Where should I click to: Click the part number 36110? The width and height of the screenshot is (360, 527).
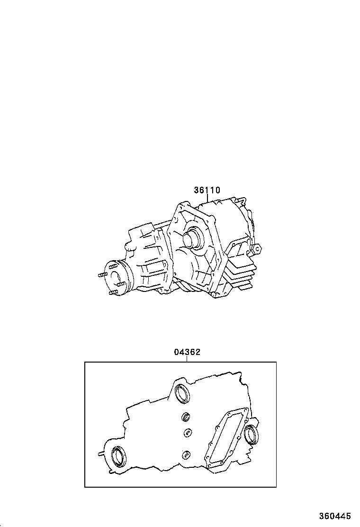coord(207,191)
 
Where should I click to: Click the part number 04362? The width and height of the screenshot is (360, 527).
coord(187,352)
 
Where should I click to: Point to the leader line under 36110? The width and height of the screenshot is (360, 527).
coord(207,199)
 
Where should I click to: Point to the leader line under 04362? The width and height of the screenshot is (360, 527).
coord(187,359)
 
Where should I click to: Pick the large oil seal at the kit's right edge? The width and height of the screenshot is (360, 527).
coord(251,433)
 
